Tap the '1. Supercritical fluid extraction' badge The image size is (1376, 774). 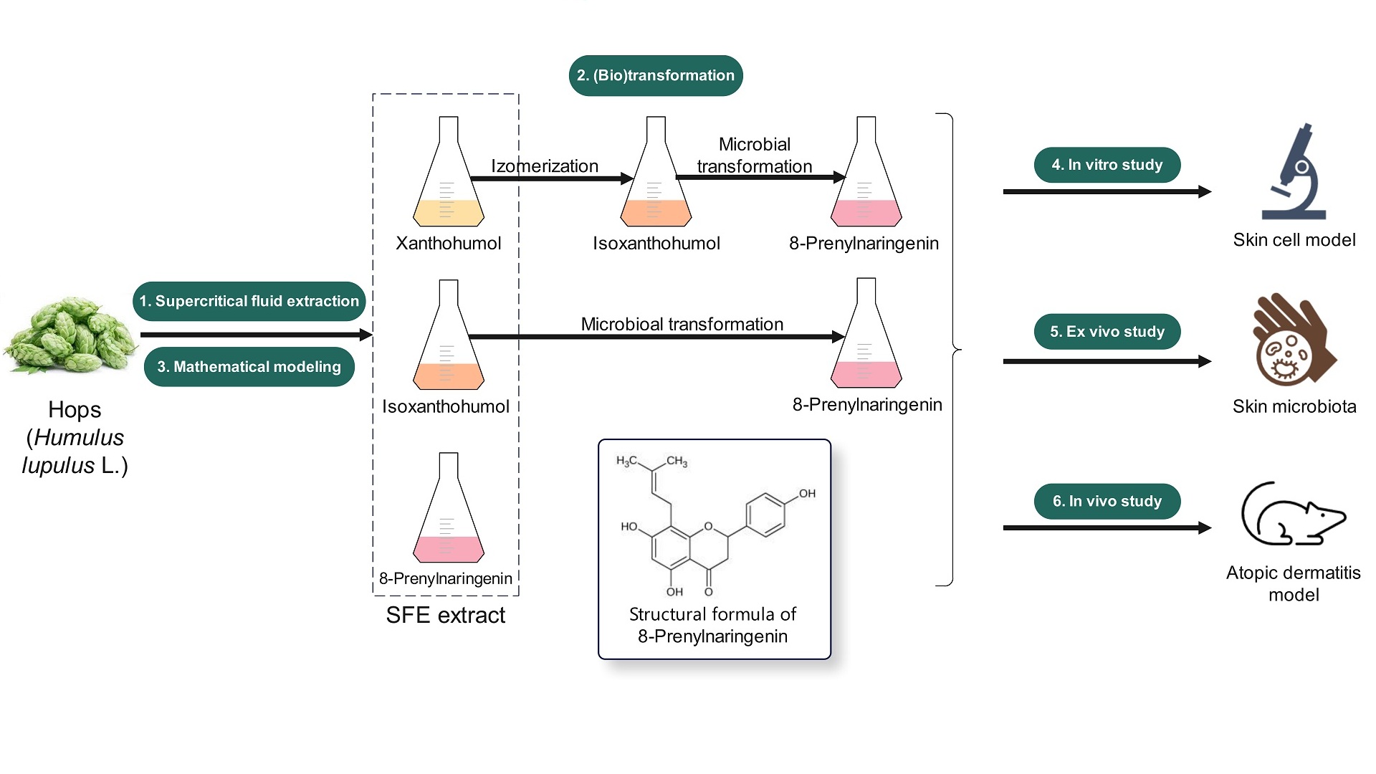[249, 301]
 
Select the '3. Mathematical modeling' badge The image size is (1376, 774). [249, 367]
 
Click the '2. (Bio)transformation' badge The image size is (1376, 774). [656, 75]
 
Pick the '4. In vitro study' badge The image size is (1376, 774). [1107, 165]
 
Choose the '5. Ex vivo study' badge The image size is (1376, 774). [1107, 332]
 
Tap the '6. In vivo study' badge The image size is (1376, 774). [1107, 502]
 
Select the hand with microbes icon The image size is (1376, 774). [1292, 341]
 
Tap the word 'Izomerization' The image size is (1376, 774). [545, 166]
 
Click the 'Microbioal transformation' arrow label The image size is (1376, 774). [682, 324]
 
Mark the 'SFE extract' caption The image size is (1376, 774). [445, 615]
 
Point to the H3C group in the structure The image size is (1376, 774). [626, 462]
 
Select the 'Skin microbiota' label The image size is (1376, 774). [1294, 406]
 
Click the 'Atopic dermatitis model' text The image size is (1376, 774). [1293, 583]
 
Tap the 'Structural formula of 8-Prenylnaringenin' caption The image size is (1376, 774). [712, 625]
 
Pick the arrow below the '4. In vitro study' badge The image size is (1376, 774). [1107, 192]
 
